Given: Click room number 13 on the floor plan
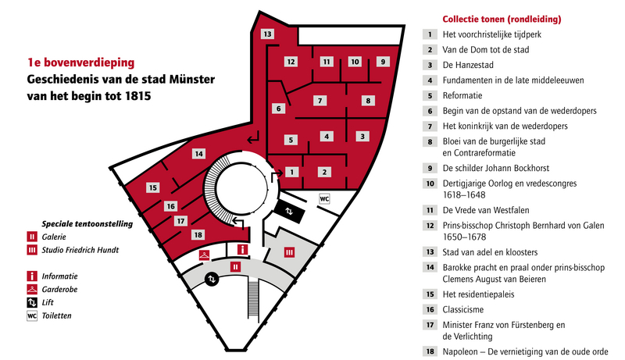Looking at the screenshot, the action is pos(267,34).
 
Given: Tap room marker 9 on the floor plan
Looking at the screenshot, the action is pos(383,62).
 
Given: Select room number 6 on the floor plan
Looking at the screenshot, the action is pos(279,109).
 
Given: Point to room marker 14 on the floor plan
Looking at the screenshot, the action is pos(198,153).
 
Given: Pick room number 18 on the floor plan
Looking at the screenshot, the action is pos(198,234).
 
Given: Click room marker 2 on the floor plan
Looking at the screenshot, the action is pos(324,172).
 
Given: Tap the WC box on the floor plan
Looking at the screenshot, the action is pos(324,198).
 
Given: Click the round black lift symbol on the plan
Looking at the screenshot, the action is pos(212,279).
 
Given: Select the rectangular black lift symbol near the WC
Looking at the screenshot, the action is pos(289,212).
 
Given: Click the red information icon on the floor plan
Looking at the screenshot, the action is pos(242,250).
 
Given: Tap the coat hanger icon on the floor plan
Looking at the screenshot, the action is pos(204,255).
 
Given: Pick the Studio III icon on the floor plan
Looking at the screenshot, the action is pos(289,252).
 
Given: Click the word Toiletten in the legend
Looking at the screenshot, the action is pos(56,315).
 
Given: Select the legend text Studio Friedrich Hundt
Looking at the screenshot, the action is pos(80,250).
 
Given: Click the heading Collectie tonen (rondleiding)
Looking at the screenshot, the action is pos(502,19).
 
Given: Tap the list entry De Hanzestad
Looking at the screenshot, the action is pos(468,65).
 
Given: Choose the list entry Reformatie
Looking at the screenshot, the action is pos(462,95).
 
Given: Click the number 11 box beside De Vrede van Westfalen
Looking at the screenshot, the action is pos(430,210).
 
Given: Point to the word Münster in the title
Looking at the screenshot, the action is pos(191,79).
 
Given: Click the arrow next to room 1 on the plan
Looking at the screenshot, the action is pos(277,175).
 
